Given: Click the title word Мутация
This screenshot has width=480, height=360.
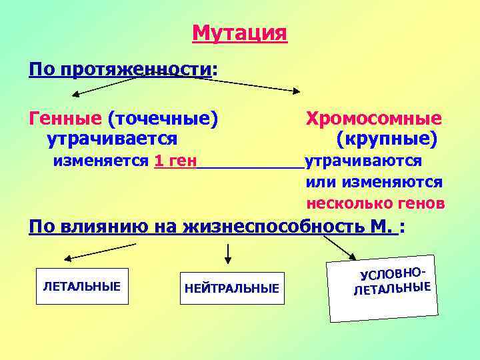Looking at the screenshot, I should [239, 33].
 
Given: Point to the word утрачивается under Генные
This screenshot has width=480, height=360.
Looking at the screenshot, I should [111, 139].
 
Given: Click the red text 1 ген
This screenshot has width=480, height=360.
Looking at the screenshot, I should [175, 161].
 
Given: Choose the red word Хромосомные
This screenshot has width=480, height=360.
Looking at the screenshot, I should [373, 119].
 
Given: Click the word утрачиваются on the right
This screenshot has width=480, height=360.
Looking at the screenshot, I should [363, 161].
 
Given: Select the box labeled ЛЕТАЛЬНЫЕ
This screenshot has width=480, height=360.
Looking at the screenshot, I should [81, 287].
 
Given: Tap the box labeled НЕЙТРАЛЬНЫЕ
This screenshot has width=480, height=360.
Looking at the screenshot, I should [231, 289].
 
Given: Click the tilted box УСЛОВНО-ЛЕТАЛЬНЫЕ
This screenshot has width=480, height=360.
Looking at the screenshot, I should [383, 286].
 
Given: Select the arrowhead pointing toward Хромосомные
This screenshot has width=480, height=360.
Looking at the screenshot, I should [295, 89].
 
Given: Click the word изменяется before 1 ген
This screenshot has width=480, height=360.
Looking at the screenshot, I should [101, 161].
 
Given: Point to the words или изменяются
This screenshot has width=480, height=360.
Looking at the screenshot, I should [374, 182].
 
